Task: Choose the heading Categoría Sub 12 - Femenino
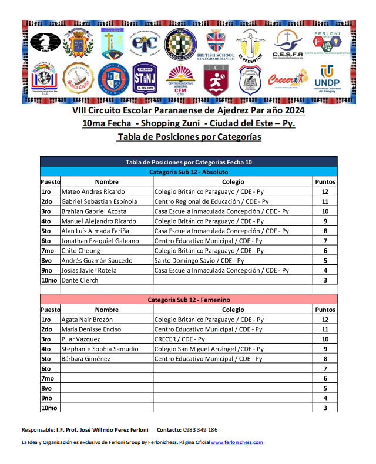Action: (189, 300)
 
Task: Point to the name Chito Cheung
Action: (80, 250)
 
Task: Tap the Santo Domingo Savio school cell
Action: (200, 260)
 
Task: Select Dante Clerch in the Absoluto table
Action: (80, 280)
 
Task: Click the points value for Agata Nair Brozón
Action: (325, 320)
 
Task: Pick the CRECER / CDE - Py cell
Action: (179, 339)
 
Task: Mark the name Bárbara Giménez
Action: (86, 358)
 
